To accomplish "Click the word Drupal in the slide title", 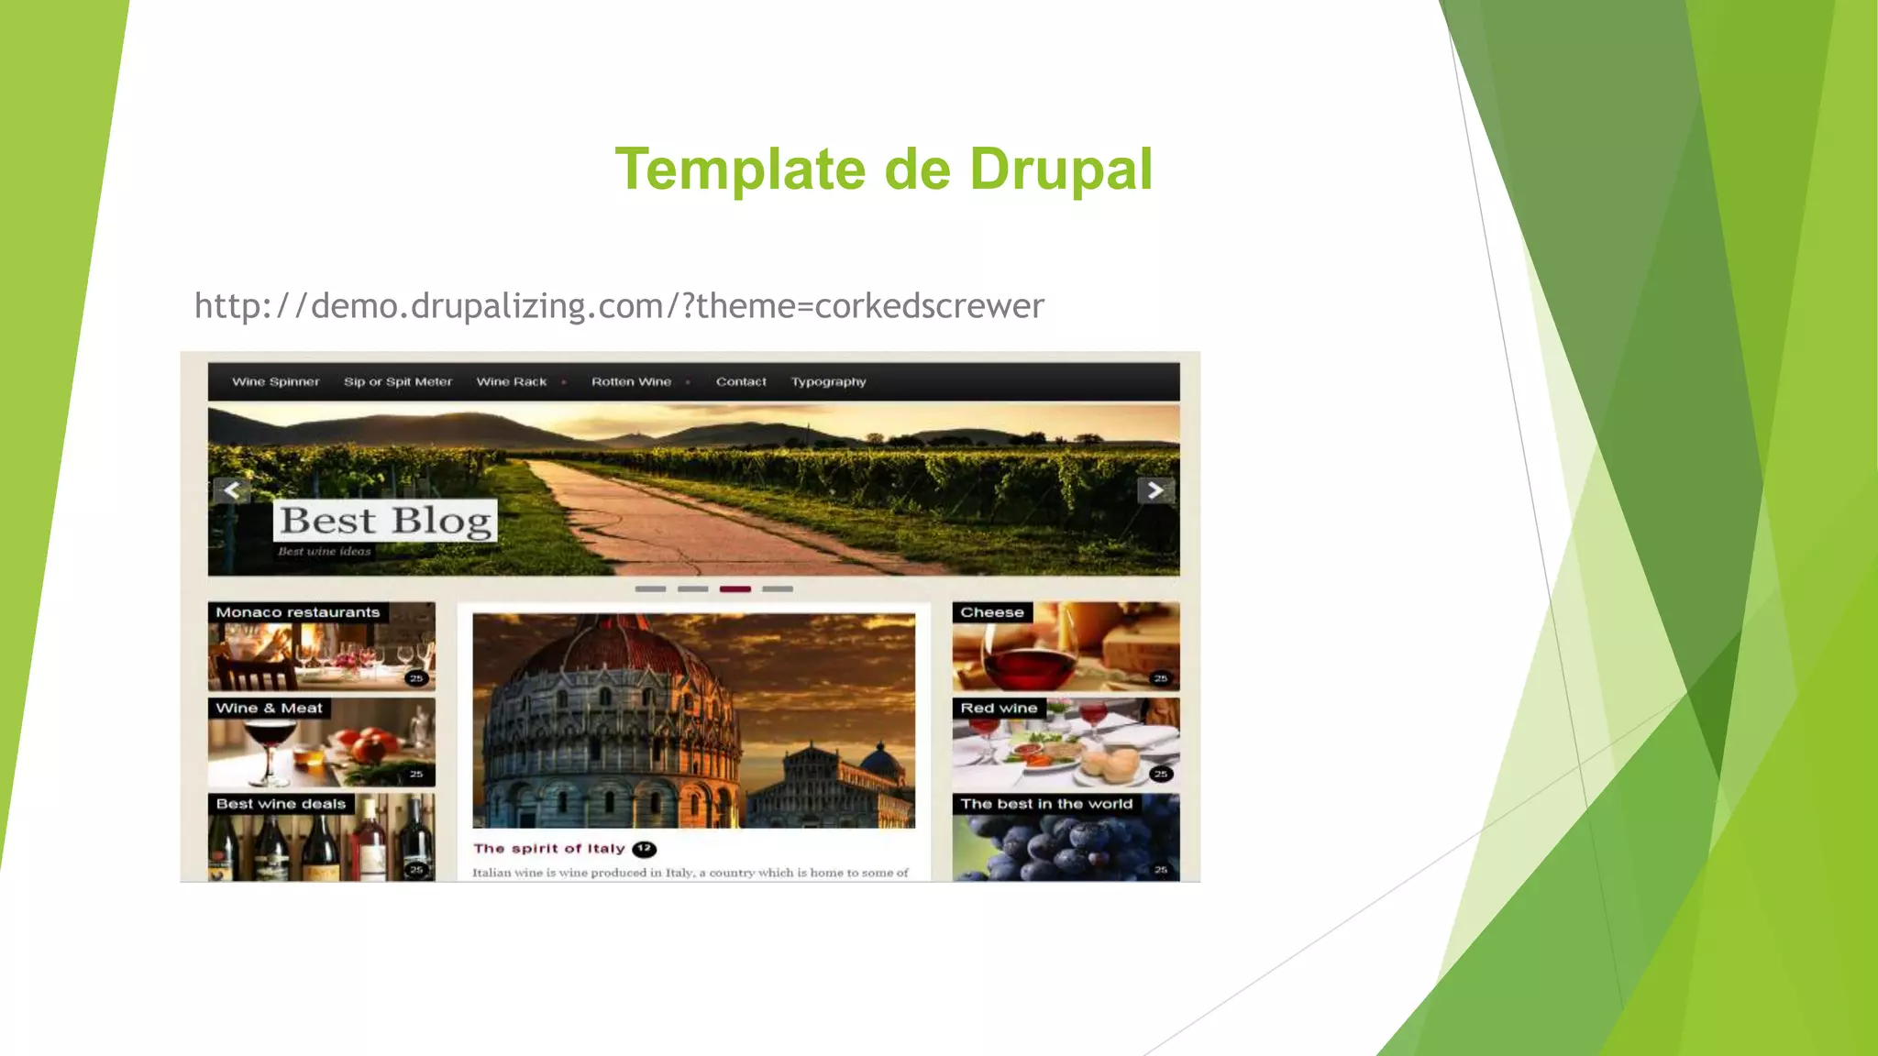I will (x=1060, y=170).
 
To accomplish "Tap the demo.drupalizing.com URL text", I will (x=619, y=305).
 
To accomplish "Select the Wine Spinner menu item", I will (x=275, y=382).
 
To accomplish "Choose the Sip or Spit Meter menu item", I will (x=398, y=382).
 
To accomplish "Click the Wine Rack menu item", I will (x=512, y=382).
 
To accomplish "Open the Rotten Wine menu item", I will (x=631, y=382).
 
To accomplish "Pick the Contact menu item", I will (x=741, y=382).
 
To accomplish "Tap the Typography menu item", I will (x=828, y=382).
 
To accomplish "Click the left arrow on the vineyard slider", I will (x=232, y=490).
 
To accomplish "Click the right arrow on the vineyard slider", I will (x=1155, y=490).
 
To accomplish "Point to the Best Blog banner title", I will (x=385, y=521).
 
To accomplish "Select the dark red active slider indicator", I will (x=735, y=589).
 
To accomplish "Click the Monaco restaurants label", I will (x=298, y=612).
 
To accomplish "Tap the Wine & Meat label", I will (x=269, y=709).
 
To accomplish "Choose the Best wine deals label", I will (x=281, y=804).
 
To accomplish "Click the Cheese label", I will (x=992, y=612).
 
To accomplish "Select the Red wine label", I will (x=999, y=709).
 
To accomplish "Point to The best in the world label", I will (x=1046, y=804).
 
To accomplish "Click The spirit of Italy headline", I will (x=549, y=849).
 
